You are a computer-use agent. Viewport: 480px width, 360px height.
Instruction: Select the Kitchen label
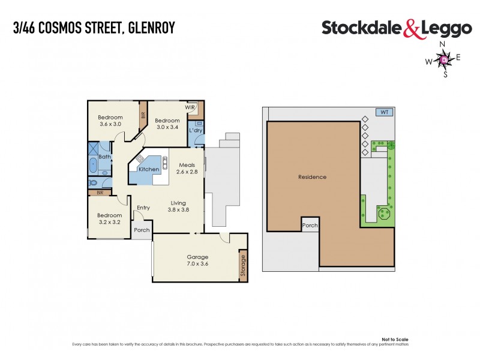149,169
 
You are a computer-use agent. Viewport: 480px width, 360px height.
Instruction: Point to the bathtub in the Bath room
92,166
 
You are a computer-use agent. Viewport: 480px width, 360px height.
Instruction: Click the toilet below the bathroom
93,183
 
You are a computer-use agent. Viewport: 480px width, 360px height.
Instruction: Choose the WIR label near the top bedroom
190,107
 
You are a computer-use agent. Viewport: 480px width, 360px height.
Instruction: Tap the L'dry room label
195,130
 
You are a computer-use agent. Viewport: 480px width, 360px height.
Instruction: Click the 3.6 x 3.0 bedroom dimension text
110,124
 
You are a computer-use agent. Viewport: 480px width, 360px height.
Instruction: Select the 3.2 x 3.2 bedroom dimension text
110,222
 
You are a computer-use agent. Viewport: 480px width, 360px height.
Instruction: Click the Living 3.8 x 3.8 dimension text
178,210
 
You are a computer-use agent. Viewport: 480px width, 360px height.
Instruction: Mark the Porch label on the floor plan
142,230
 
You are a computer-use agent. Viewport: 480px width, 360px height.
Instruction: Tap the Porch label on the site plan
310,226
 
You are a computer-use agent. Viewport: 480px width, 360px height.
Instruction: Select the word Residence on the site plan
312,177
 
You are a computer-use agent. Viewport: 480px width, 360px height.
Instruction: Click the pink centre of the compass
444,59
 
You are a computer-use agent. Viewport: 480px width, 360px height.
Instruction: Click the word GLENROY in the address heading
151,28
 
